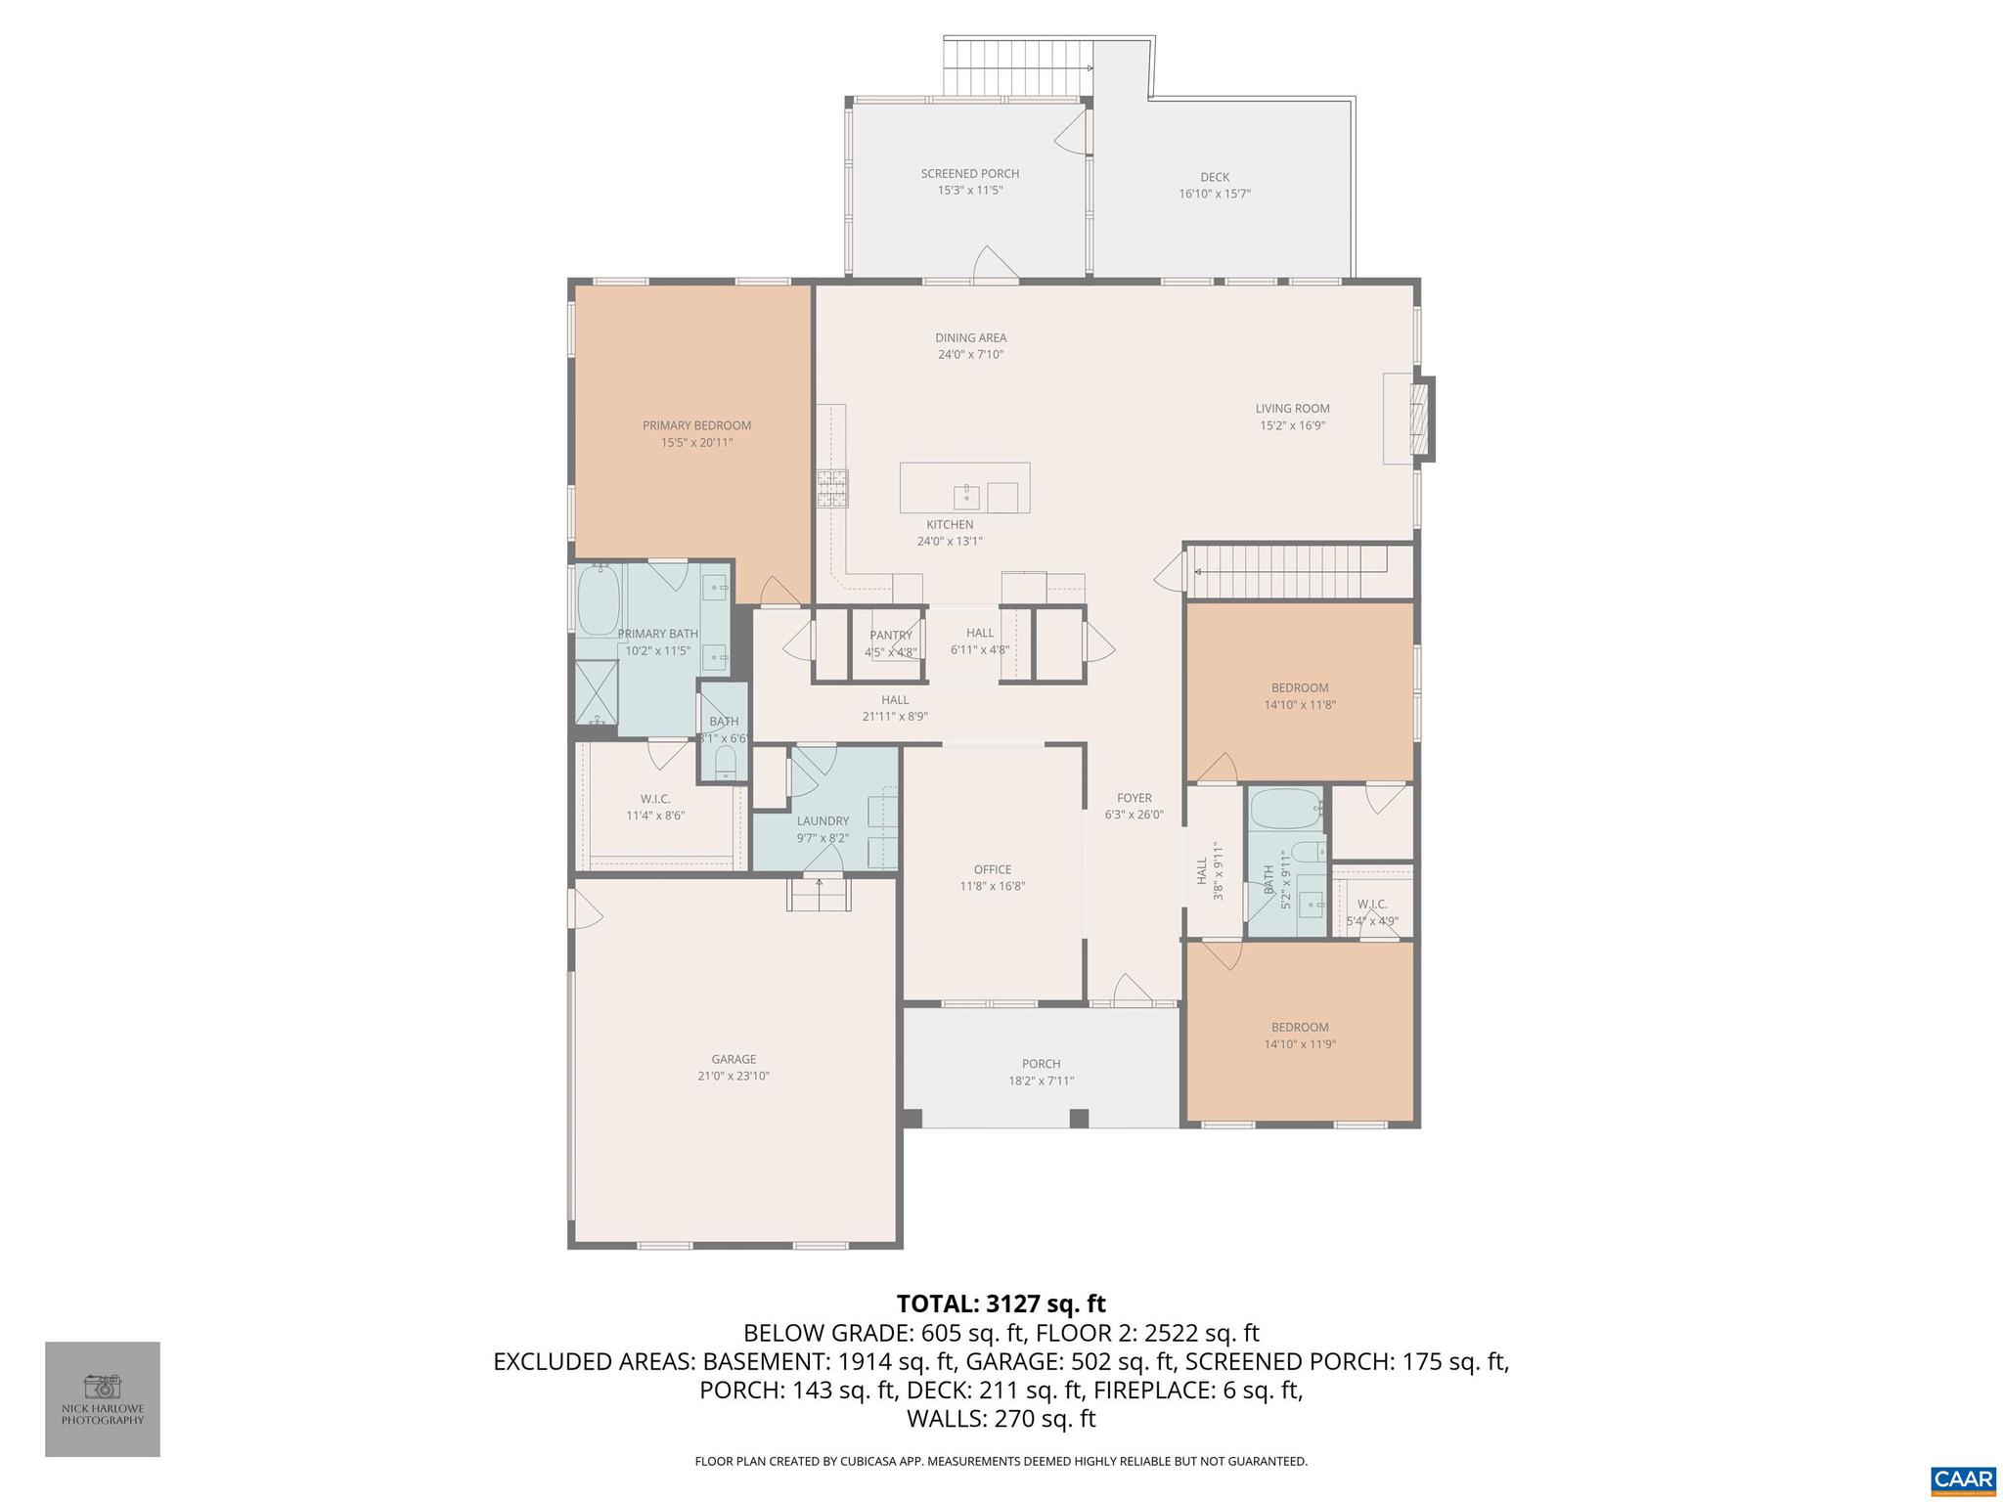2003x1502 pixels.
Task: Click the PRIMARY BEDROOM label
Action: (696, 425)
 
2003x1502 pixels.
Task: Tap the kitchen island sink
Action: (966, 497)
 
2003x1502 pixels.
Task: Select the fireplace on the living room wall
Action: (1419, 419)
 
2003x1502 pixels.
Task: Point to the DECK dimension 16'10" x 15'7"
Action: (1215, 194)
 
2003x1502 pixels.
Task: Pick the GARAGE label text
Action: (734, 1059)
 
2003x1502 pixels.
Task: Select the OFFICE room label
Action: (992, 869)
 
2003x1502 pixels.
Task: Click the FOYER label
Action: (1135, 798)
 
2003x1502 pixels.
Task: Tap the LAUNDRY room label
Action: (823, 821)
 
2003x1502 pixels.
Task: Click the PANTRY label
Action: (890, 636)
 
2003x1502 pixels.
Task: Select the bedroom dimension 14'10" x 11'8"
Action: (1300, 704)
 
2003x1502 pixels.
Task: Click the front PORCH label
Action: (1041, 1064)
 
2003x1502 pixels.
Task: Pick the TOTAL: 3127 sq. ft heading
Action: (1001, 1303)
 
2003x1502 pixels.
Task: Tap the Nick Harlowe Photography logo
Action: (103, 1398)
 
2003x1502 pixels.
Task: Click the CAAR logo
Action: (1963, 1479)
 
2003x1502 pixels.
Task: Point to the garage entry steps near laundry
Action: (819, 894)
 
